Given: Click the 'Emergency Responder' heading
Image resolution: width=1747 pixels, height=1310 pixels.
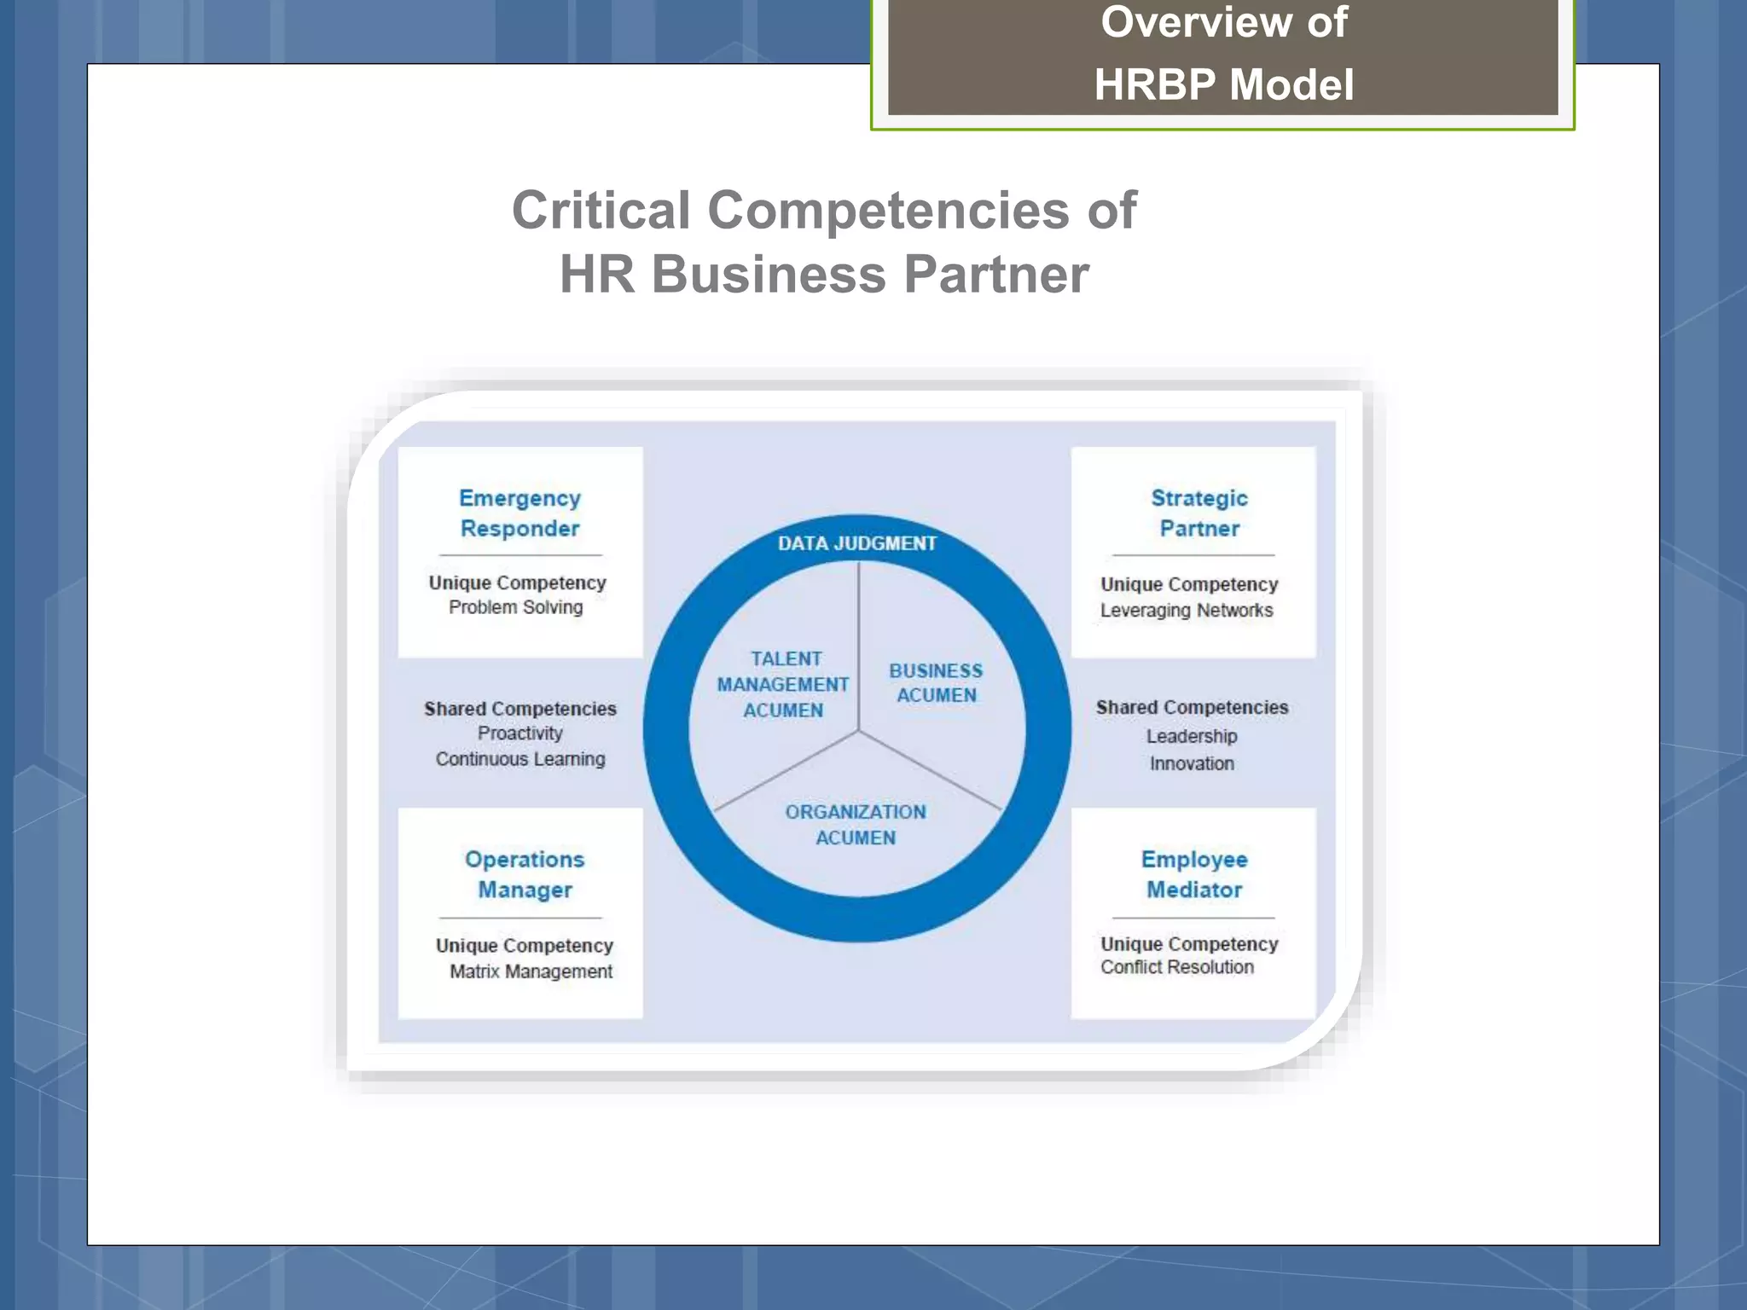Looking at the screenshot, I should pos(519,513).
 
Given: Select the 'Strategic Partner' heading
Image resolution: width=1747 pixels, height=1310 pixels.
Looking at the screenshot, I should pos(1199,513).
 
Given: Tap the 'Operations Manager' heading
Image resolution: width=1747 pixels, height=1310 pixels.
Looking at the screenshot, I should pos(525,874).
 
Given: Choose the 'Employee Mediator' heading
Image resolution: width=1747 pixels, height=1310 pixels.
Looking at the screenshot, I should pos(1194,874).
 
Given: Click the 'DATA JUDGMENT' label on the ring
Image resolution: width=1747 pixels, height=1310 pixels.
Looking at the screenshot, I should pos(856,543).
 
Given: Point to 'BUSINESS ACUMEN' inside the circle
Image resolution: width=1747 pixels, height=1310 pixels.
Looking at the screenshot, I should pos(936,683).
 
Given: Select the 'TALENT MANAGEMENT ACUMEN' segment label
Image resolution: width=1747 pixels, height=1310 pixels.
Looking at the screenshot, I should pos(783,684).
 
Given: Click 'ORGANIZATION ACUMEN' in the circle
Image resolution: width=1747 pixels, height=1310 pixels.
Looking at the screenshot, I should pos(856,825).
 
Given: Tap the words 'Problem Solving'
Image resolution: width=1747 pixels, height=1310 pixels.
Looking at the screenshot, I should pos(516,607).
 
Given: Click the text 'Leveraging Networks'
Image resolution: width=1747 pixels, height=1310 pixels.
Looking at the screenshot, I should pos(1187,611).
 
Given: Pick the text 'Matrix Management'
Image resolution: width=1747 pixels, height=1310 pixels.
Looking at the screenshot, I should pos(531,971).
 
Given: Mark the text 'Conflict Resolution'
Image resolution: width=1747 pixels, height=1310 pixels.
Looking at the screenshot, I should pos(1177,967).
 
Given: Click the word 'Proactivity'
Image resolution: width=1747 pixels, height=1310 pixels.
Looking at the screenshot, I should pos(520,733).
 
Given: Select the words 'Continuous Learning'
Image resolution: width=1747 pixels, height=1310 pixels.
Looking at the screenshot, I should pos(520,759).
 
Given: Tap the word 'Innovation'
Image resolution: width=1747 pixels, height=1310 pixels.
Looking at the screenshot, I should pos(1192,763).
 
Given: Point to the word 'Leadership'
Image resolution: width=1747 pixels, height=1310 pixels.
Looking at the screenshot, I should pos(1192,736).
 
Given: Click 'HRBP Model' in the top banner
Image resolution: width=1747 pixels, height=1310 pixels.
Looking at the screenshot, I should pos(1223,85).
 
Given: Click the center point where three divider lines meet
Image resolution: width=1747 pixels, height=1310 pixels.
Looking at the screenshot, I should pos(858,731).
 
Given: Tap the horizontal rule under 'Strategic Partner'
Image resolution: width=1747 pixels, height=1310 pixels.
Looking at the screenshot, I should pos(1193,555).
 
